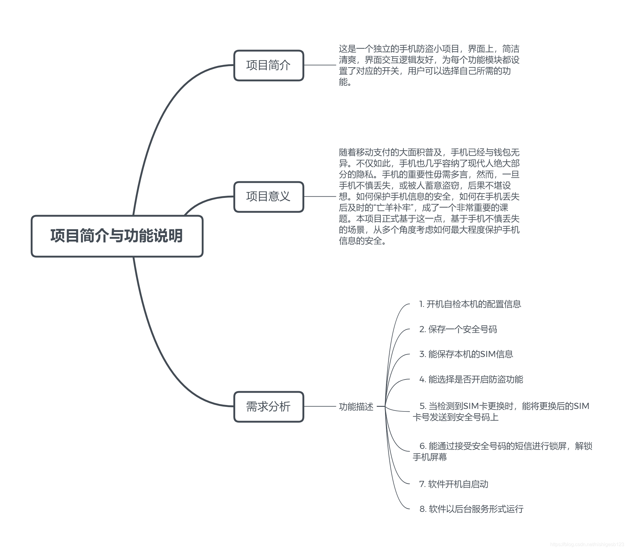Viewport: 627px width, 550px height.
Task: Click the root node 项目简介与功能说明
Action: pyautogui.click(x=117, y=236)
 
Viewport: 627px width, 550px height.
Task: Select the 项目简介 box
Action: pyautogui.click(x=269, y=65)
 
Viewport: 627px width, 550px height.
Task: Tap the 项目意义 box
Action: pyautogui.click(x=269, y=197)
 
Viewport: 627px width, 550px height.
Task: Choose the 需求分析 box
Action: pyautogui.click(x=269, y=407)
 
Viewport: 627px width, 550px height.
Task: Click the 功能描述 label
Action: pyautogui.click(x=356, y=407)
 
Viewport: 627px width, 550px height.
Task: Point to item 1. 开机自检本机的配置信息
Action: pyautogui.click(x=470, y=304)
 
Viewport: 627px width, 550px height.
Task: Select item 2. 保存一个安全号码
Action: pyautogui.click(x=458, y=329)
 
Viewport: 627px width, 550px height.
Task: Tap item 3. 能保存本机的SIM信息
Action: pyautogui.click(x=466, y=354)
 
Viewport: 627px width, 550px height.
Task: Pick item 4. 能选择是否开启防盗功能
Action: pyautogui.click(x=471, y=379)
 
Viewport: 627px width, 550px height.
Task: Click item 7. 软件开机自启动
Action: pyautogui.click(x=454, y=484)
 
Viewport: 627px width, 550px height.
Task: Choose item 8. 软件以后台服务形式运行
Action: pyautogui.click(x=471, y=509)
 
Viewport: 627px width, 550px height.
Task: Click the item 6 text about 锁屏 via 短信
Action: pyautogui.click(x=502, y=451)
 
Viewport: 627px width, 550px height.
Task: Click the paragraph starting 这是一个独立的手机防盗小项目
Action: pyautogui.click(x=429, y=65)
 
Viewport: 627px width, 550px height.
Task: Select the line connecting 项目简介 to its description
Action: pyautogui.click(x=320, y=65)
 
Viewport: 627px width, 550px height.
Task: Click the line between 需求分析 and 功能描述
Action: pyautogui.click(x=320, y=407)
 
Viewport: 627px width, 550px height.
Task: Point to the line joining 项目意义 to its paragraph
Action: pyautogui.click(x=320, y=196)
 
